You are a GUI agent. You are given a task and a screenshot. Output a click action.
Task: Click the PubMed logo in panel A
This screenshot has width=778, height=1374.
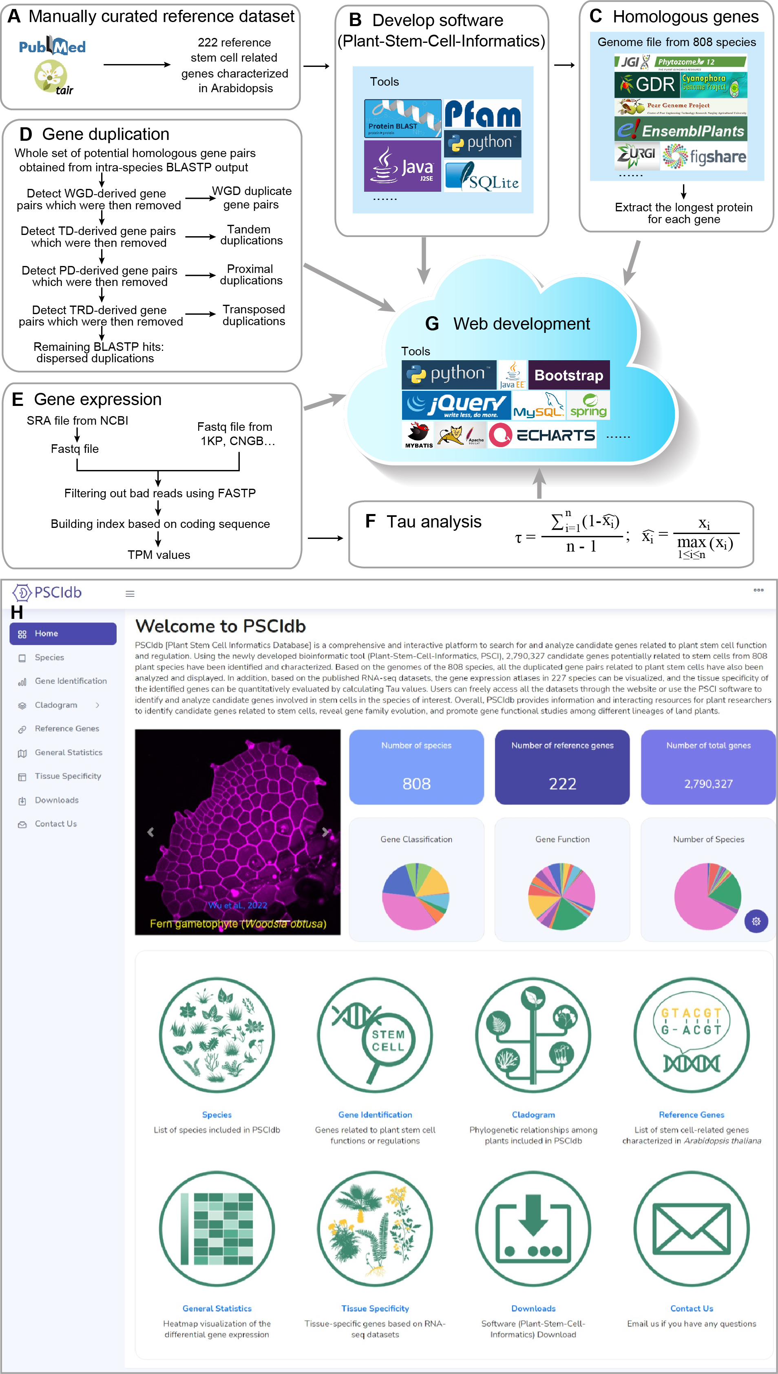(x=52, y=47)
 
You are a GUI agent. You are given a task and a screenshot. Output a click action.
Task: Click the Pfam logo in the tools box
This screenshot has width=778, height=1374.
(x=482, y=113)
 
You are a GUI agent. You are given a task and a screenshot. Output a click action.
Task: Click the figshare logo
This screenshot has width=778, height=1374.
(x=704, y=157)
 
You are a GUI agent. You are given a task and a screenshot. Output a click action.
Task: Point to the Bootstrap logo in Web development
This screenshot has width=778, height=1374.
(x=568, y=375)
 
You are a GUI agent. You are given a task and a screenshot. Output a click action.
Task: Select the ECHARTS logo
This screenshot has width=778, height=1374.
(x=542, y=435)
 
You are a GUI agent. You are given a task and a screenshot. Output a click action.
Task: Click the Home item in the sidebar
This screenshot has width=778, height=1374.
(x=63, y=633)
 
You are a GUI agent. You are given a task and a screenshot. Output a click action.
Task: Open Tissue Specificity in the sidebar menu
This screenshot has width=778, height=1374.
(x=67, y=776)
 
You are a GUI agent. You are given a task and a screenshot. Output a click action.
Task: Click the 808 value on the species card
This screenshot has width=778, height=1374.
(x=416, y=783)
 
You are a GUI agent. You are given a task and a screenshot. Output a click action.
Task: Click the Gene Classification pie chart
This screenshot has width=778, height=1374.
(x=416, y=896)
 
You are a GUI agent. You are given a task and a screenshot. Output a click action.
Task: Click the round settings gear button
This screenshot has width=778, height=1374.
(x=756, y=921)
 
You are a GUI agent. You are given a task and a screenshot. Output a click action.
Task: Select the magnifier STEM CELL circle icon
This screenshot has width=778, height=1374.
(x=375, y=1035)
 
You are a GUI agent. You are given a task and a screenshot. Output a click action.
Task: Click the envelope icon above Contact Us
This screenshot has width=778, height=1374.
(x=692, y=1229)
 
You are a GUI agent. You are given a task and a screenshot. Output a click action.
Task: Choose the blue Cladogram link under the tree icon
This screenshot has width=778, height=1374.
(x=533, y=1114)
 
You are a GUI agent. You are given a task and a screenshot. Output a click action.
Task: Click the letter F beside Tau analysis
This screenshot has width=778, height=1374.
(x=370, y=521)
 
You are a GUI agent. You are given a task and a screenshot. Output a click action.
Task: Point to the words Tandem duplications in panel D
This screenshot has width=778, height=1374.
(x=251, y=235)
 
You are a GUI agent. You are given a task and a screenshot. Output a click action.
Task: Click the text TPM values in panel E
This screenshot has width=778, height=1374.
(x=159, y=555)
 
